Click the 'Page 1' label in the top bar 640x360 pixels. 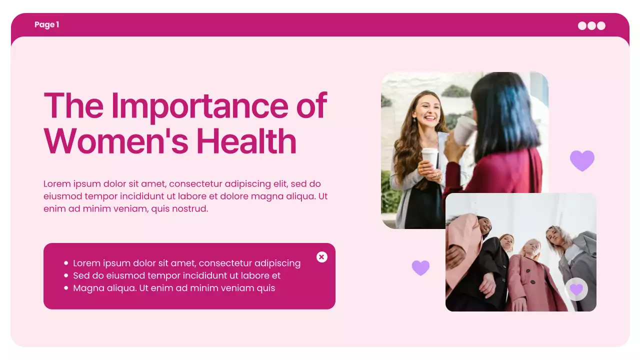pos(47,24)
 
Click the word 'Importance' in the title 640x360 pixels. pos(199,105)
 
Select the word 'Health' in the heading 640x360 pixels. pos(246,141)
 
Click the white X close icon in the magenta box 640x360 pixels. pos(322,257)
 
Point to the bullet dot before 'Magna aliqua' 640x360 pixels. pos(66,288)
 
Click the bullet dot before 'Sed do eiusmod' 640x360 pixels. pos(66,275)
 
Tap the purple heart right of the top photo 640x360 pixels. pos(582,160)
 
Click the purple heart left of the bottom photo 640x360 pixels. pos(420,267)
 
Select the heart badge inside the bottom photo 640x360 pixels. pos(576,289)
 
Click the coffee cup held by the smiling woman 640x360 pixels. pos(429,157)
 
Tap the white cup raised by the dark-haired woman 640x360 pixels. pos(464,129)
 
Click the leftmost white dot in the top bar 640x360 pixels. pos(582,25)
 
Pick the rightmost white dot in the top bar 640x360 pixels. pos(601,25)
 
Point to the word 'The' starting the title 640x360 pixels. pos(74,105)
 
